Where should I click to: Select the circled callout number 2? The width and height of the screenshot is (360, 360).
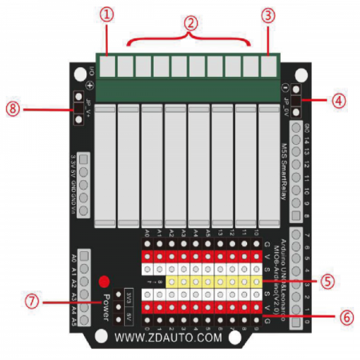tap(190, 24)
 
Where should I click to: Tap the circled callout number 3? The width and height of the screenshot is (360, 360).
tap(269, 14)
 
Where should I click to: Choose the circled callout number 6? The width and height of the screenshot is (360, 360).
tap(344, 316)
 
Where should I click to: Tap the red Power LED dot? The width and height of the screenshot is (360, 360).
tap(104, 282)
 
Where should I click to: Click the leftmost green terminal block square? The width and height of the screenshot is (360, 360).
tap(106, 64)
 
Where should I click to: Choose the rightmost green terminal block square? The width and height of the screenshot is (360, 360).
tap(272, 64)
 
